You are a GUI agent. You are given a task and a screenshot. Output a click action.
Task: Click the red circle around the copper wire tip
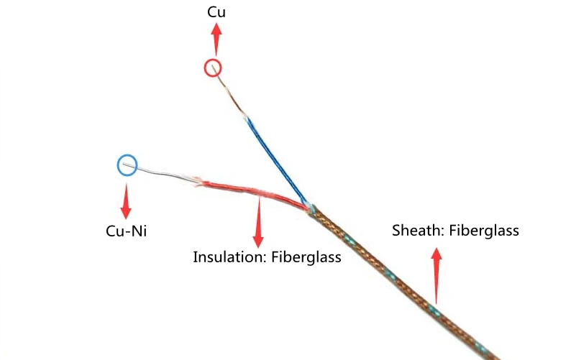[213, 68]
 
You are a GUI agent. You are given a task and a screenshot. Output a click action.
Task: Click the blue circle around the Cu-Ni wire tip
[127, 165]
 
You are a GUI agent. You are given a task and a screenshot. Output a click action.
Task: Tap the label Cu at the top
[215, 12]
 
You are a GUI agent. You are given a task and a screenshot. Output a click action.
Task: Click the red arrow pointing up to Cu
[215, 36]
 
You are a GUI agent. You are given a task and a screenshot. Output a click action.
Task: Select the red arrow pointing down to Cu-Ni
[127, 201]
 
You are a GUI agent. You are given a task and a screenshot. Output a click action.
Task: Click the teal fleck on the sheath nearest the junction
[350, 239]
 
